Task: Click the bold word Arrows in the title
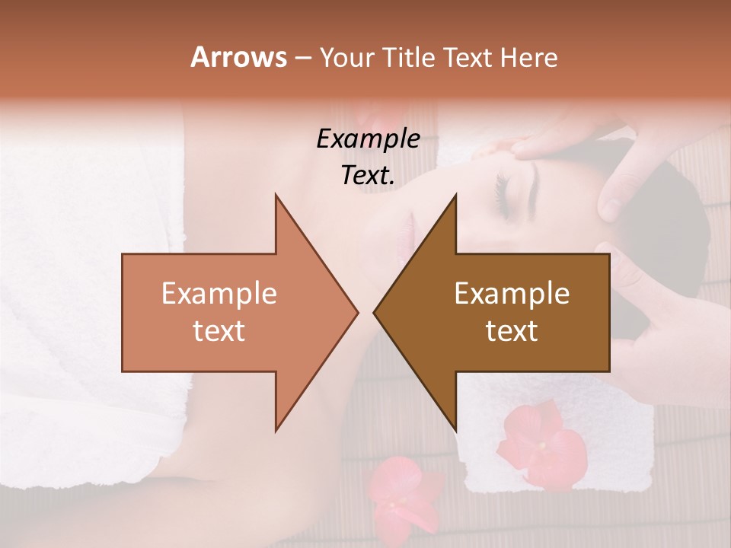238,57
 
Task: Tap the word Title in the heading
411,58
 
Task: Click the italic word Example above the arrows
368,139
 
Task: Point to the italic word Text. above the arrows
368,176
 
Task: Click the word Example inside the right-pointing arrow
219,294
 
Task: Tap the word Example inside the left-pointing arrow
512,294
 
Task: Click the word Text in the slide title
469,58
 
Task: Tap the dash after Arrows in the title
302,58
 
